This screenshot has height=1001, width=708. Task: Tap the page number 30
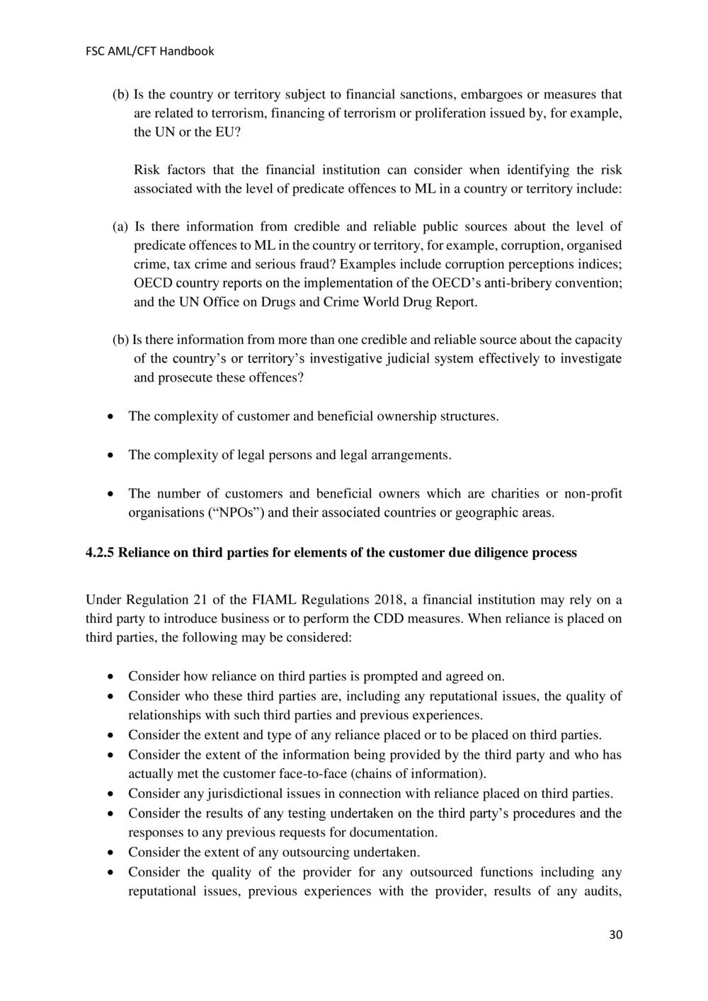coord(615,935)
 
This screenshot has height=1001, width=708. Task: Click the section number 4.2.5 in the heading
coord(100,553)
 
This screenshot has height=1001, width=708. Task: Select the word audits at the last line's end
coord(600,891)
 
